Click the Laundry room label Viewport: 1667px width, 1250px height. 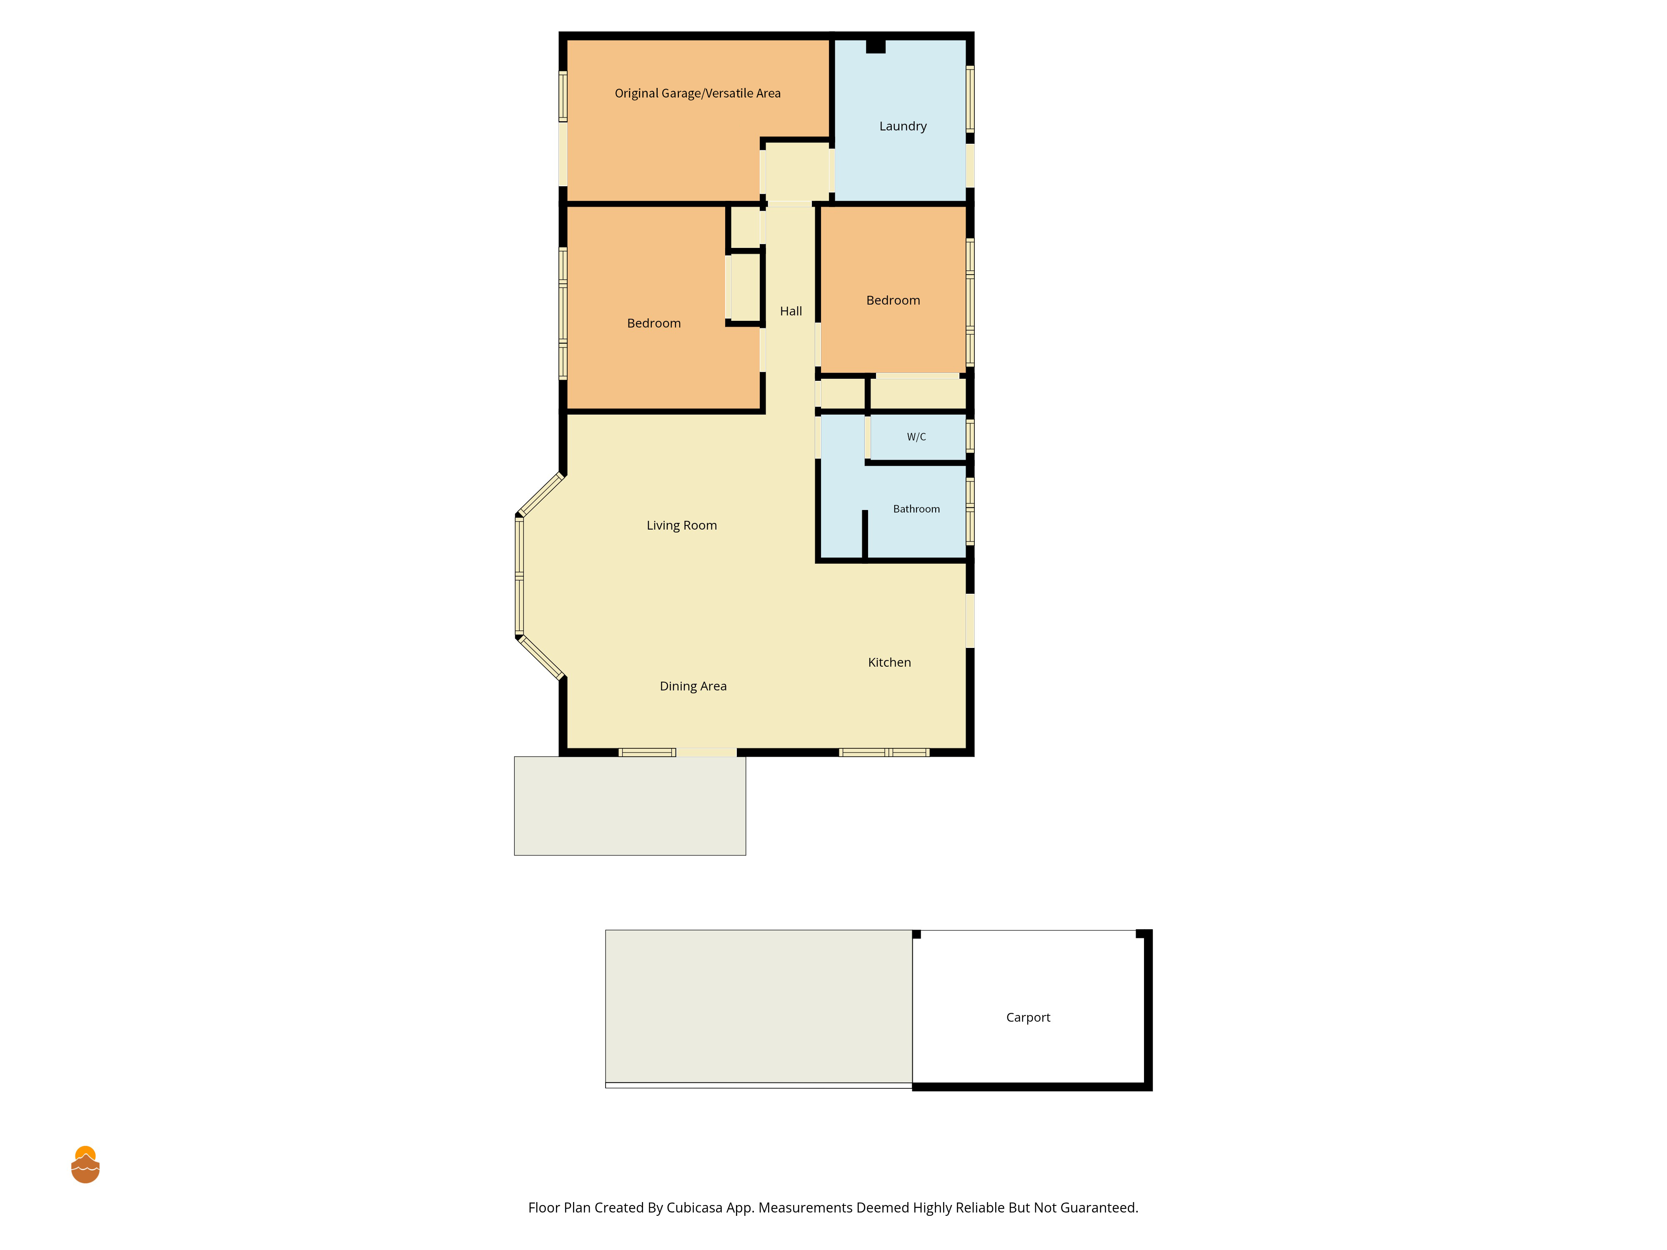(903, 127)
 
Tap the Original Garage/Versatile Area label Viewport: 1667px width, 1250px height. (698, 93)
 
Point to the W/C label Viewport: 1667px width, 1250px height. (916, 437)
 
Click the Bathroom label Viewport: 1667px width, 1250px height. (916, 509)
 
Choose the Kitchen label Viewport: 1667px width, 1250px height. (889, 662)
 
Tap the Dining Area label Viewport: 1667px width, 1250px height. (693, 686)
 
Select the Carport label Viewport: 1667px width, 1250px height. (1028, 1018)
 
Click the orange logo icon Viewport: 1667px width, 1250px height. (85, 1165)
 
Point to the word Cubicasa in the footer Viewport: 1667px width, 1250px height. (694, 1208)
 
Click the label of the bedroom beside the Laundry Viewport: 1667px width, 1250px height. (893, 301)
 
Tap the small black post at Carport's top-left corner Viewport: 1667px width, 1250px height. (916, 934)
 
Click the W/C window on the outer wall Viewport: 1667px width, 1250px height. (970, 436)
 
